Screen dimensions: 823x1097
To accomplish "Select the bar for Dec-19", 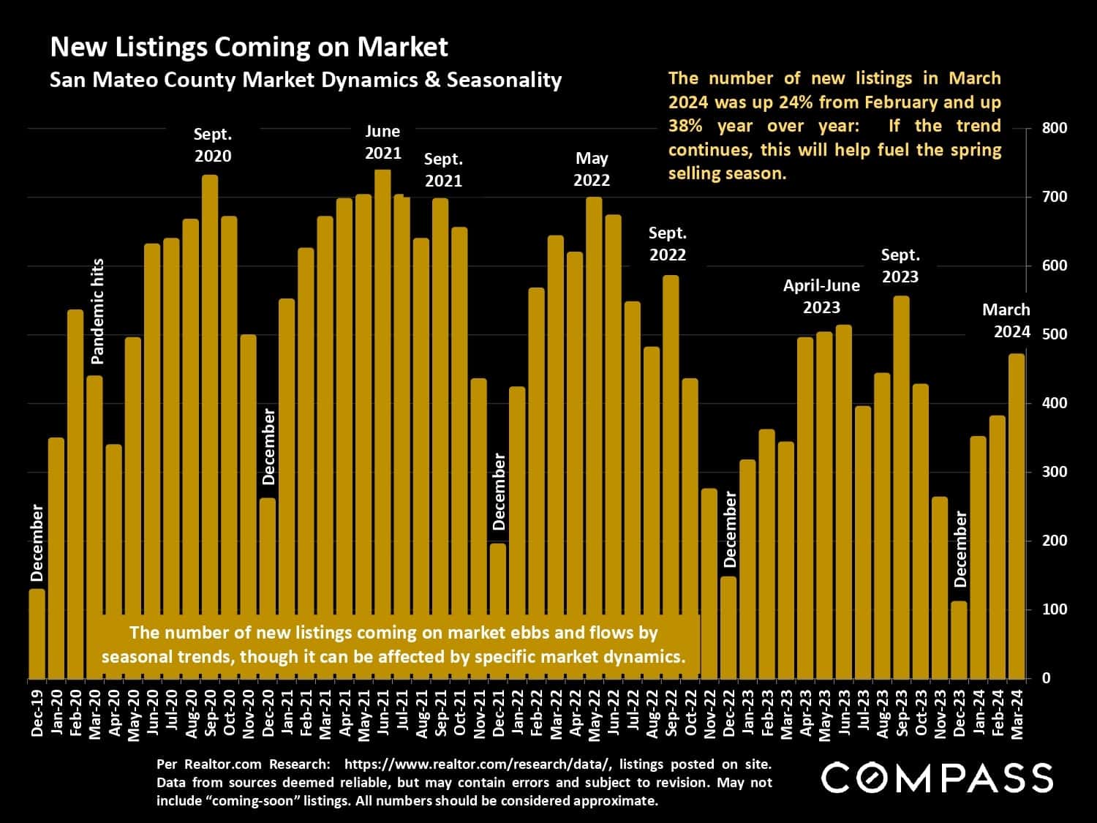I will click(x=37, y=634).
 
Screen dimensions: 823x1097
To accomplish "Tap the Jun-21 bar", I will click(x=382, y=424).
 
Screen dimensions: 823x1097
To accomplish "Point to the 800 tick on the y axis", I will click(x=1054, y=128).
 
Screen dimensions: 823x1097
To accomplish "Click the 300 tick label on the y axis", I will click(x=1054, y=472).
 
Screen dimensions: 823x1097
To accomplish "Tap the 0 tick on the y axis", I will click(x=1046, y=678).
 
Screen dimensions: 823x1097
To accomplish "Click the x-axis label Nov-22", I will click(x=709, y=713).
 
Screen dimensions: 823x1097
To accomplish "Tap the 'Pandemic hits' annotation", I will click(x=97, y=311).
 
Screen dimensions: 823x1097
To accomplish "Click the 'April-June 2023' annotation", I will click(x=821, y=296).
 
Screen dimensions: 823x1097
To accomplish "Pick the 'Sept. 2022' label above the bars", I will click(x=668, y=244).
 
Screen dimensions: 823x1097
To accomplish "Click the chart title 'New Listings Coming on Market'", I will click(x=249, y=47).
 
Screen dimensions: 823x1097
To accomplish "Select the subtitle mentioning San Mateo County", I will click(x=305, y=80).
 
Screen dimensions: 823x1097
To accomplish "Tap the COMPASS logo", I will click(x=938, y=777).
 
